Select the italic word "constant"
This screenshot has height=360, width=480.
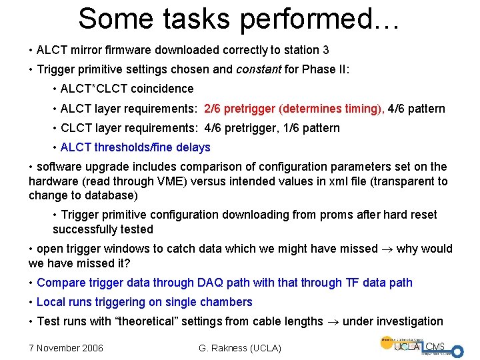pyautogui.click(x=259, y=69)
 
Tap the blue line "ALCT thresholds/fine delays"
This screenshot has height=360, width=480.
pyautogui.click(x=135, y=147)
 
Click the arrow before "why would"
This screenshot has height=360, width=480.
pyautogui.click(x=387, y=249)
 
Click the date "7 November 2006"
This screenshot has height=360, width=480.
pyautogui.click(x=65, y=347)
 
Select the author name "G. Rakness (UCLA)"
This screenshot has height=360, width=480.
pyautogui.click(x=240, y=347)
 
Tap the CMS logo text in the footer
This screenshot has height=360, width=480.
pyautogui.click(x=436, y=345)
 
